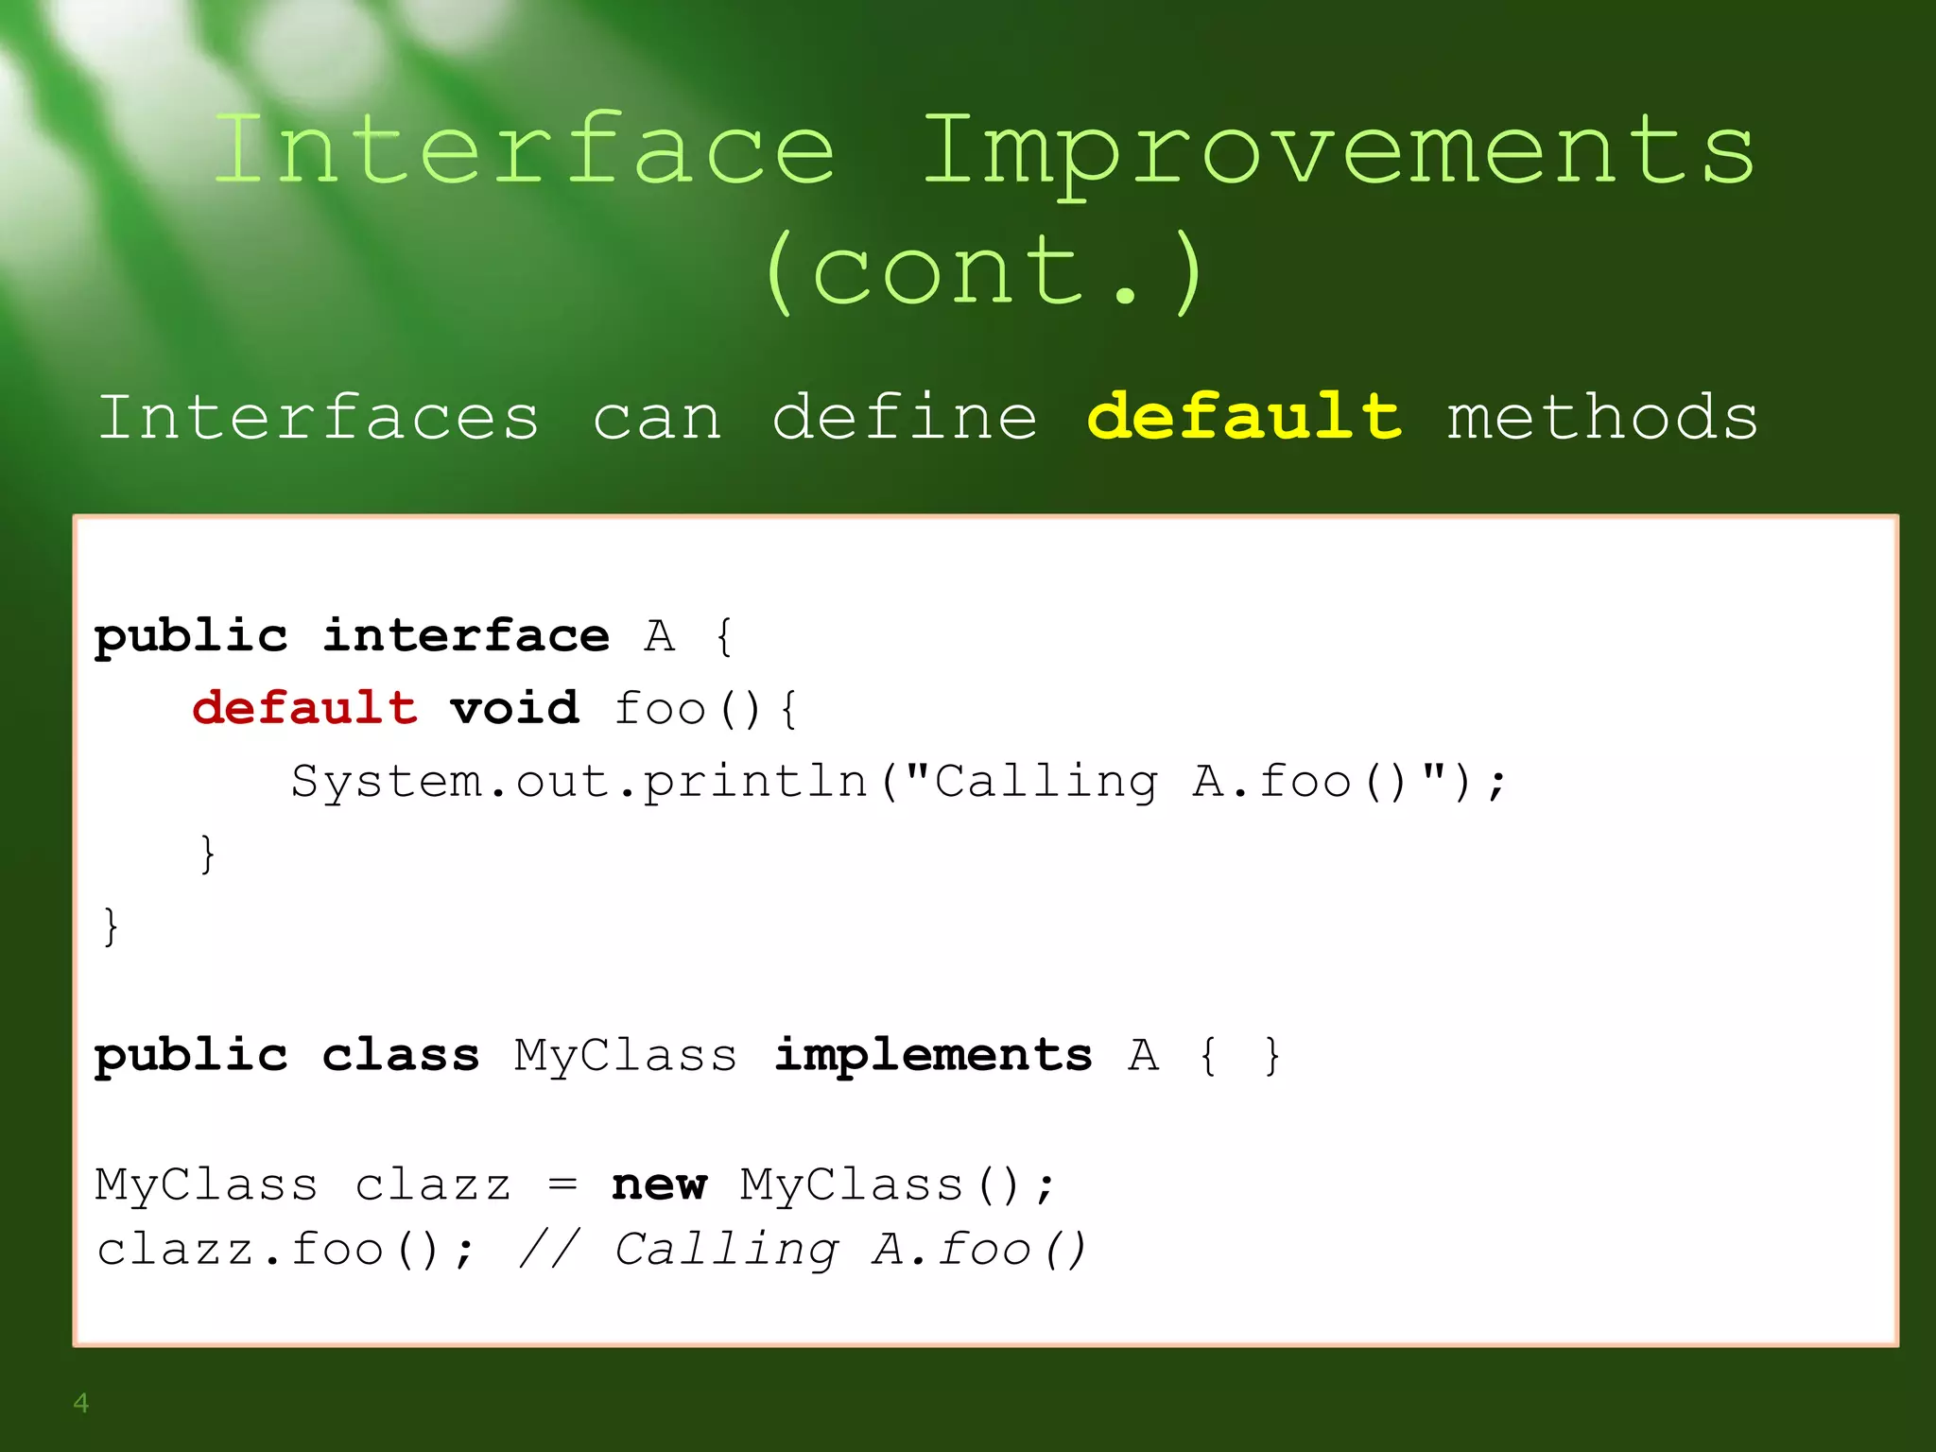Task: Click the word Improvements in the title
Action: pyautogui.click(x=1338, y=151)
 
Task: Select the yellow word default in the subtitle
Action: pyautogui.click(x=1244, y=417)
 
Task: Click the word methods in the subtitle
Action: pyautogui.click(x=1602, y=419)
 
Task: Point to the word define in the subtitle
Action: pyautogui.click(x=905, y=417)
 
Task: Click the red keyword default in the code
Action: pyautogui.click(x=304, y=708)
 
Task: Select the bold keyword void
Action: pyautogui.click(x=514, y=708)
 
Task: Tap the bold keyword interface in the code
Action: pyautogui.click(x=466, y=635)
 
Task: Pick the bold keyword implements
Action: pyautogui.click(x=933, y=1056)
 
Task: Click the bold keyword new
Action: pyautogui.click(x=659, y=1185)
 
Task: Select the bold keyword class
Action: pyautogui.click(x=400, y=1056)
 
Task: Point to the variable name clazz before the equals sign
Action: pyautogui.click(x=433, y=1185)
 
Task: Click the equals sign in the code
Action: pyautogui.click(x=562, y=1185)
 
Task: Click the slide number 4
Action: pyautogui.click(x=81, y=1403)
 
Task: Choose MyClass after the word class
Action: pyautogui.click(x=625, y=1056)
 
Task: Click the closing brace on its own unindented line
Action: pyautogui.click(x=111, y=926)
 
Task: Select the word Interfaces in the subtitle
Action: pyautogui.click(x=319, y=417)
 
